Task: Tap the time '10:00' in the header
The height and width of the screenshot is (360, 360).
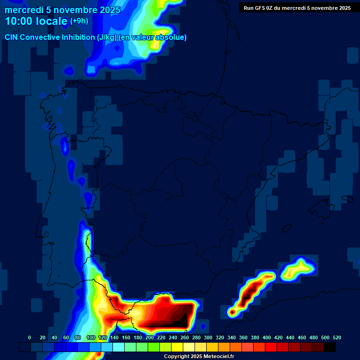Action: click(19, 21)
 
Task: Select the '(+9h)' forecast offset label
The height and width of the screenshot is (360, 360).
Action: click(79, 21)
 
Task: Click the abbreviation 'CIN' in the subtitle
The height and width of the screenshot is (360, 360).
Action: click(12, 37)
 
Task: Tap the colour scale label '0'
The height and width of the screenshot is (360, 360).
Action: click(30, 337)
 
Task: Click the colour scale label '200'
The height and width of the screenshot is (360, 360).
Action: click(150, 337)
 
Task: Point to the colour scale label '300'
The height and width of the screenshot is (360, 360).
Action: click(208, 337)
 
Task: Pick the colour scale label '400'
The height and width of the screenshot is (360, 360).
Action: click(267, 337)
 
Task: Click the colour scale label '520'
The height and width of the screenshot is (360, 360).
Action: click(337, 337)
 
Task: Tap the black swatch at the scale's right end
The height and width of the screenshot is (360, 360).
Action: click(330, 347)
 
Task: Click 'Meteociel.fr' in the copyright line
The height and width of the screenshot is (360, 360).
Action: click(218, 357)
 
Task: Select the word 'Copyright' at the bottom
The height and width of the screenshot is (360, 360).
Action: click(177, 357)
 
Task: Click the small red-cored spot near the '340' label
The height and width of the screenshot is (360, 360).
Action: click(231, 311)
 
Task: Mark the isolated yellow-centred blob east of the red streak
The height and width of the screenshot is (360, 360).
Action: click(298, 269)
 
